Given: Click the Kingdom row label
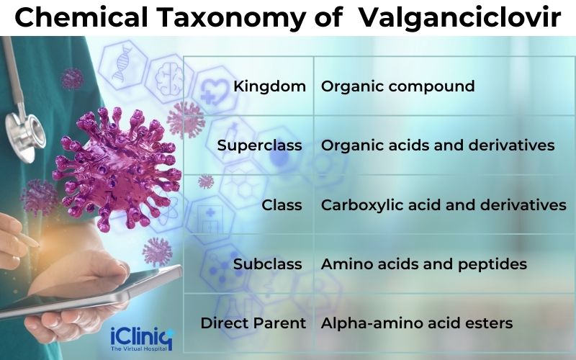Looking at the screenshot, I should click(x=270, y=86).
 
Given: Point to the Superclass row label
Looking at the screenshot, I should click(x=259, y=145).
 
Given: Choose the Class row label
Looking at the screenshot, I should click(x=282, y=205).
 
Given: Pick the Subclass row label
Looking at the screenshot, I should click(x=268, y=264).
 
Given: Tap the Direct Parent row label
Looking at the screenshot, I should click(x=253, y=323).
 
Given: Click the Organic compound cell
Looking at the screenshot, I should click(x=397, y=86).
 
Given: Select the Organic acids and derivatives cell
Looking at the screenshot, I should click(x=438, y=145).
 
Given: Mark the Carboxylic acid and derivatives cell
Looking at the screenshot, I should click(x=444, y=205).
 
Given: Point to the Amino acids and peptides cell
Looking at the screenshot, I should click(x=424, y=264).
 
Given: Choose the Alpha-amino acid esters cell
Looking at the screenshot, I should click(x=417, y=323).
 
